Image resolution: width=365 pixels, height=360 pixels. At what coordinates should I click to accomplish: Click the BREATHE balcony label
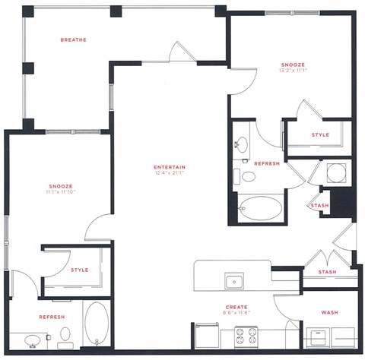(73, 39)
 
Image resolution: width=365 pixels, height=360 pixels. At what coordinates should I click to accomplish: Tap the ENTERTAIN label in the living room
(170, 167)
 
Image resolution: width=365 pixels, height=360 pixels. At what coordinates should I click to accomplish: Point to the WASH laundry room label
(329, 312)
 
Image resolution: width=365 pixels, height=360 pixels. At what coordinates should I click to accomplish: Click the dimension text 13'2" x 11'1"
(292, 71)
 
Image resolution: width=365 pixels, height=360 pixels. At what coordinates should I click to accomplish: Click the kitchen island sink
(235, 282)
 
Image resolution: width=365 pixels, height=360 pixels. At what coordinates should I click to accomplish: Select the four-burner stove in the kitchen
(246, 335)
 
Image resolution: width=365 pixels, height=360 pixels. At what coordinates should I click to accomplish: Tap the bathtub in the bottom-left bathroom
(97, 325)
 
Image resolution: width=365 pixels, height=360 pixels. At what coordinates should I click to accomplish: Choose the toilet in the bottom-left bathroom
(65, 335)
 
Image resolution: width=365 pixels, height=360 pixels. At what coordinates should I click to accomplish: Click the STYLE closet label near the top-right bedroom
(320, 135)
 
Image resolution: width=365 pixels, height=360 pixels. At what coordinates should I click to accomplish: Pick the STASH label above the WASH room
(327, 271)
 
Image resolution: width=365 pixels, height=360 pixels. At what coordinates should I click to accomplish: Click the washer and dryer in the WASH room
(330, 335)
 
